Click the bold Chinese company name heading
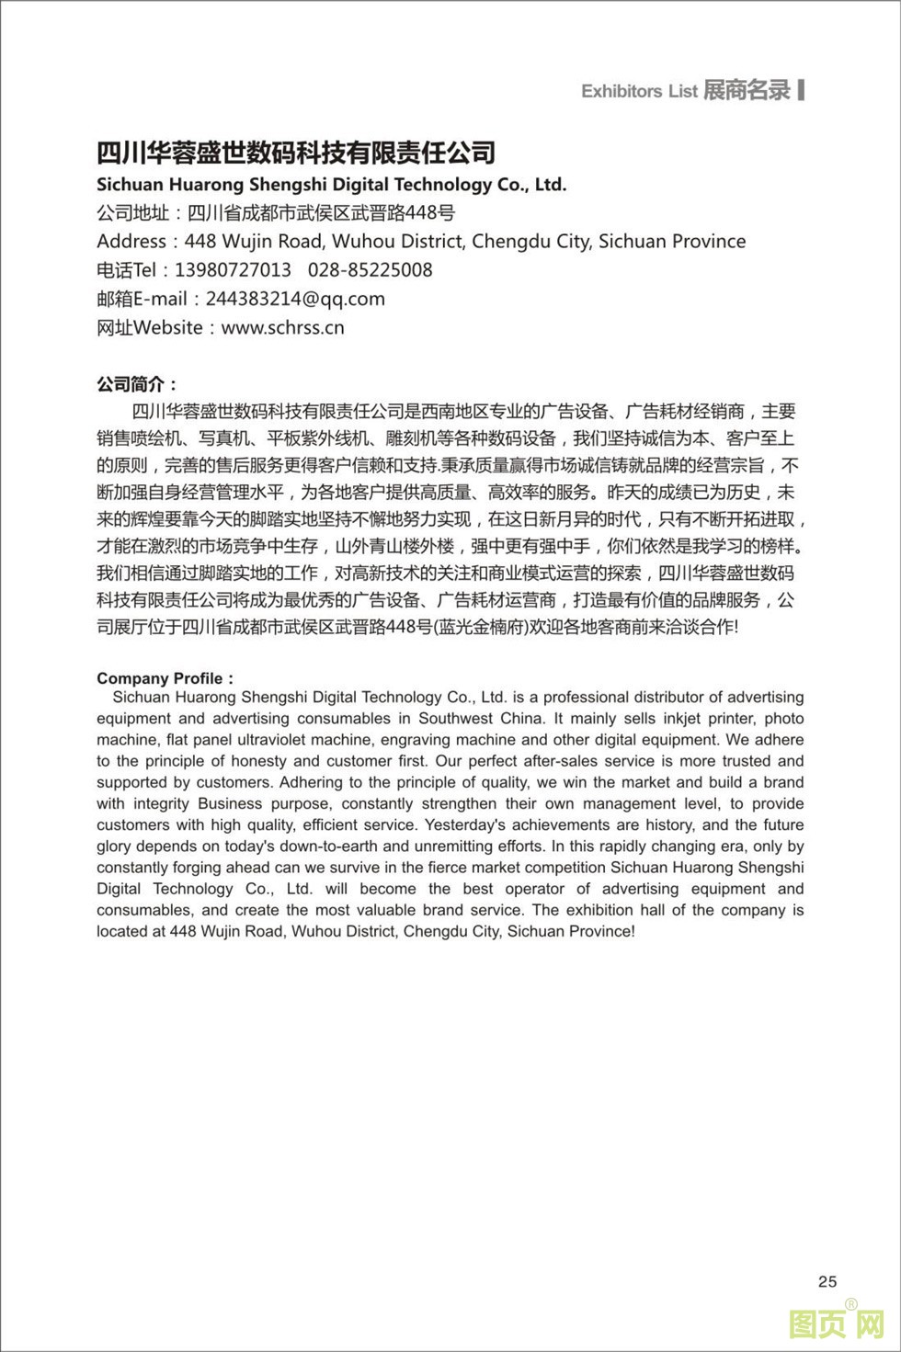click(x=296, y=153)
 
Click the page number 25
click(x=827, y=1281)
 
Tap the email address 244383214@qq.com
click(x=295, y=299)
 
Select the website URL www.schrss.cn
click(x=283, y=327)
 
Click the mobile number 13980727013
click(x=233, y=270)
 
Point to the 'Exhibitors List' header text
click(x=639, y=91)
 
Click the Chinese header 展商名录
click(x=747, y=90)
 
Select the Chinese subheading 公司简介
click(x=136, y=384)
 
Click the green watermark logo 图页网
click(x=836, y=1324)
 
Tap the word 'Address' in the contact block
click(x=131, y=242)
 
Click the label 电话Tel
click(x=127, y=270)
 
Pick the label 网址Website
click(x=150, y=327)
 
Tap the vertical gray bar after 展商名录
click(x=802, y=90)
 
